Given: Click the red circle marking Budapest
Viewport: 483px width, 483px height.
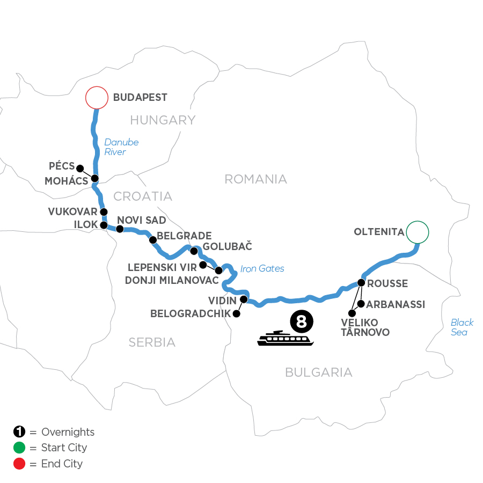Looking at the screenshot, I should pos(97,98).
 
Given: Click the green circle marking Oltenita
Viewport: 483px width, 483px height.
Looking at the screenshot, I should pos(418,232).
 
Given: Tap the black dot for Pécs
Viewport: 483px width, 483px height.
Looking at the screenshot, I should pos(80,167).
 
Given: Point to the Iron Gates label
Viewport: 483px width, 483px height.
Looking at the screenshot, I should pos(262,269).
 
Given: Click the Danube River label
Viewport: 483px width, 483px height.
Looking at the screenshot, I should pos(121,147).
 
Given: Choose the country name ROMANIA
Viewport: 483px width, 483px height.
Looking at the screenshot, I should pos(255,179).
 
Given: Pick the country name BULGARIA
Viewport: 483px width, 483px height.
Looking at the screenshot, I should pos(318,372).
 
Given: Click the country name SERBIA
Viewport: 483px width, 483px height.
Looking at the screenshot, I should pos(152,342).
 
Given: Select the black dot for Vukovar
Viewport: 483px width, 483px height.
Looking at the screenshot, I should pos(104,212).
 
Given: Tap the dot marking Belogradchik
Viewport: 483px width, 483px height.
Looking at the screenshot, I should pos(235,314).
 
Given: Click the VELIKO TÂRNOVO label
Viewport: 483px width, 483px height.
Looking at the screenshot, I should pos(365,327).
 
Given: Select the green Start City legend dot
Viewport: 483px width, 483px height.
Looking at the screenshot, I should pos(18,448).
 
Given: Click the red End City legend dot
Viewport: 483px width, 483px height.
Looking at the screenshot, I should pos(18,463).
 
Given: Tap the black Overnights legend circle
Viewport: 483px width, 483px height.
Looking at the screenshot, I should pos(18,432).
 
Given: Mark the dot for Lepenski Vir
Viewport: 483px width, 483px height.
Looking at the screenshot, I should pos(203,265).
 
